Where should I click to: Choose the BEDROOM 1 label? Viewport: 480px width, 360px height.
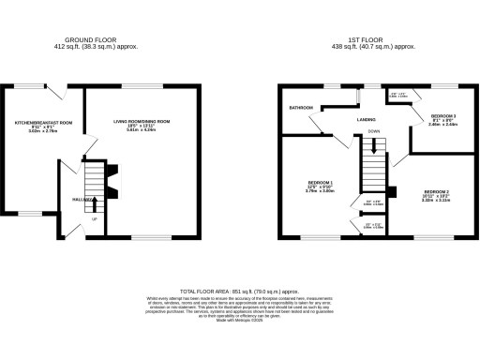(321, 181)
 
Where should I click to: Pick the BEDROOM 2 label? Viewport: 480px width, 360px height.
(435, 190)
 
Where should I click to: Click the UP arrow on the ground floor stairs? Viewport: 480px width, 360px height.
(95, 191)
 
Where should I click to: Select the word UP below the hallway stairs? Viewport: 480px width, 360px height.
(95, 219)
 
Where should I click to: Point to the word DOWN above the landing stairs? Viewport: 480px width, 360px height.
(374, 132)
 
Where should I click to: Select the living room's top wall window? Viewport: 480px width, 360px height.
(141, 86)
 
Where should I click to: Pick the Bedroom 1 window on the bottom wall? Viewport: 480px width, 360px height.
(320, 238)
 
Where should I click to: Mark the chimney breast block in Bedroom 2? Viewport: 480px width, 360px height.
(392, 193)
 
